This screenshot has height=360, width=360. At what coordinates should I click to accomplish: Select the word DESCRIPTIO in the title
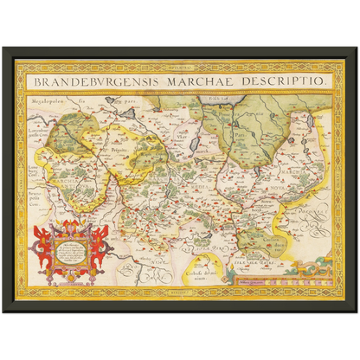coord(286,80)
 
